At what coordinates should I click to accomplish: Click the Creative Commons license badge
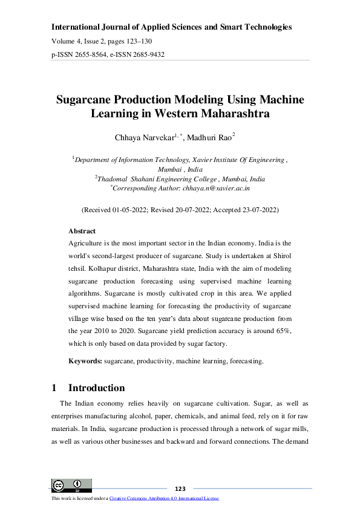coord(72,485)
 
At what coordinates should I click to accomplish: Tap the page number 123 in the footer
coord(180,488)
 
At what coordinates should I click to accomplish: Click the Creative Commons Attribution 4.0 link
coord(163,498)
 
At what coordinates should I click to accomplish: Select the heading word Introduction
coord(97,388)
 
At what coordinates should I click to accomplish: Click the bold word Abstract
coord(82,232)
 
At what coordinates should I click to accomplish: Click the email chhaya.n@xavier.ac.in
coord(216,189)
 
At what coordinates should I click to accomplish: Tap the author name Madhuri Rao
coord(208,138)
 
